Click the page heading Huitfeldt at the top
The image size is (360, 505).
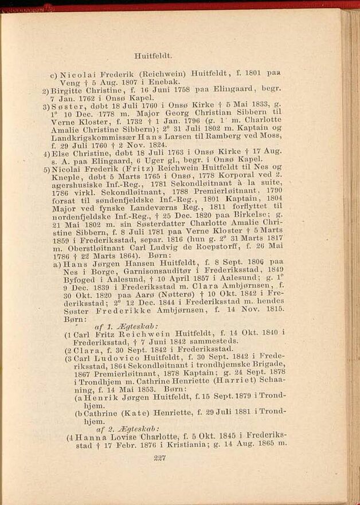153,56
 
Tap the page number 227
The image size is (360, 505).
160,457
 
